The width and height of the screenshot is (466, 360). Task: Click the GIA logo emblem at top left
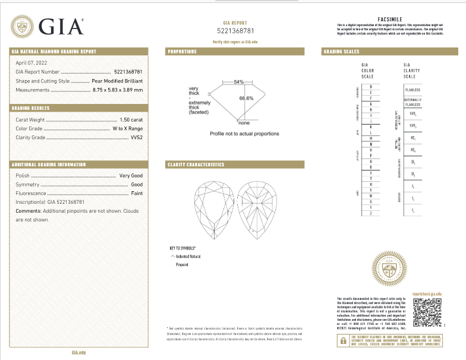point(23,27)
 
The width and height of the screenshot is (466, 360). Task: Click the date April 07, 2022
point(32,62)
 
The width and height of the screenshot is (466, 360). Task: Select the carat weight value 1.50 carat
point(130,119)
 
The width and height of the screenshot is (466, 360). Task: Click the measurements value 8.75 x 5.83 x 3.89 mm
point(118,89)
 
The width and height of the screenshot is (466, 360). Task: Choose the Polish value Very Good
point(131,176)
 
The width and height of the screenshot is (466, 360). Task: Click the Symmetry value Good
point(137,185)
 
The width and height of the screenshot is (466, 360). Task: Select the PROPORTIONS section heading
point(182,52)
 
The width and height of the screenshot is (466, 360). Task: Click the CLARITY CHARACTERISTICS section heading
point(196,165)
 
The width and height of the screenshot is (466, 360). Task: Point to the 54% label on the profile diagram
point(239,81)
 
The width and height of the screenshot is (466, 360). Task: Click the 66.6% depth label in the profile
point(246,98)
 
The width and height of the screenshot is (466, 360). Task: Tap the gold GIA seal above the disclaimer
point(389,269)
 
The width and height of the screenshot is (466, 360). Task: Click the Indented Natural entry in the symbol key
point(188,256)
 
